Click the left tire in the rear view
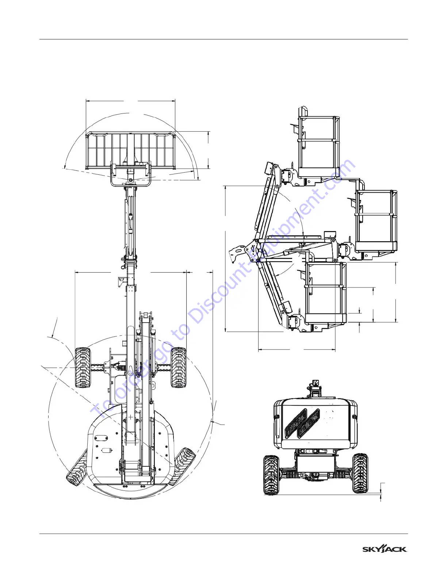click(x=271, y=475)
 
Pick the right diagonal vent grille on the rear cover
click(x=309, y=423)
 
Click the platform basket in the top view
click(x=130, y=150)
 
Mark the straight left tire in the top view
click(x=83, y=367)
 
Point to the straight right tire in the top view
click(x=178, y=367)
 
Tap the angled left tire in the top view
click(x=77, y=469)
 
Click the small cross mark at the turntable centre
click(x=130, y=417)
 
